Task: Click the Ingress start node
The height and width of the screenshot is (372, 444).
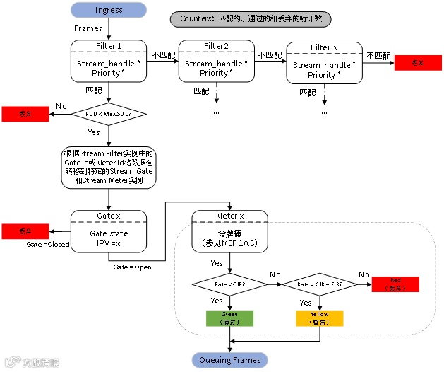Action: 109,10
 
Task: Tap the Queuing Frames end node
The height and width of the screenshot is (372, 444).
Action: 229,360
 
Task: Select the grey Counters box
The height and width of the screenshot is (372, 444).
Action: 251,19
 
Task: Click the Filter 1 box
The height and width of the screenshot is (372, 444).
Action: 109,63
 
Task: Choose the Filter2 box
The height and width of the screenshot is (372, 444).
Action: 216,63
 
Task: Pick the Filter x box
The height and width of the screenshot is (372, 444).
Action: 325,64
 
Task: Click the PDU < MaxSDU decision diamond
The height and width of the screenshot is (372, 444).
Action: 109,113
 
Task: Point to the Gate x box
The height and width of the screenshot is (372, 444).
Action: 109,231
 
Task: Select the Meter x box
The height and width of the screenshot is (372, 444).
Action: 230,231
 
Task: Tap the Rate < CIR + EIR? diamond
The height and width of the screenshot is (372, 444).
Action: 320,284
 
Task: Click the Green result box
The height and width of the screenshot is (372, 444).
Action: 229,318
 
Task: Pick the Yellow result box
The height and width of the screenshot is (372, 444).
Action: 320,318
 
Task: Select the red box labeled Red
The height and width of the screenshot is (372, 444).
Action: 395,284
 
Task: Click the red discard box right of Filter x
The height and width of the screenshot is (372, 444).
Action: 418,63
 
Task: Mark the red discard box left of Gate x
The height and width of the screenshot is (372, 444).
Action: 25,231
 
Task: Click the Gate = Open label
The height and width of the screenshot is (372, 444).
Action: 133,267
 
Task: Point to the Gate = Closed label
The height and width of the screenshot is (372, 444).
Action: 47,244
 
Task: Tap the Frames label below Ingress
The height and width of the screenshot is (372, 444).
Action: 88,28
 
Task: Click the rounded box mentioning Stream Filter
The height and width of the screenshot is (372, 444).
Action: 109,167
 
